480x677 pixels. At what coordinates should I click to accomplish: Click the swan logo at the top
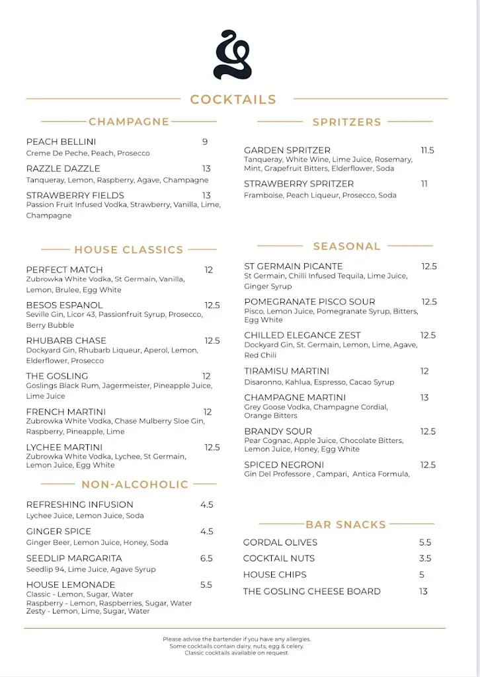tap(233, 55)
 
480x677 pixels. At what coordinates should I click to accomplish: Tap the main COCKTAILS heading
tap(233, 100)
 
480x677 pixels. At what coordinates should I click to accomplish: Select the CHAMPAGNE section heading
tap(129, 122)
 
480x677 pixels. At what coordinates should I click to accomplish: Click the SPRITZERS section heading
tap(346, 122)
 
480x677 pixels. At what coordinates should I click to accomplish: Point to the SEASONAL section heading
tap(346, 247)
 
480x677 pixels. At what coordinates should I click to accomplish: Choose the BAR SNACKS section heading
tap(346, 525)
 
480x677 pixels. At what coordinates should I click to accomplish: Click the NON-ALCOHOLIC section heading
tap(135, 485)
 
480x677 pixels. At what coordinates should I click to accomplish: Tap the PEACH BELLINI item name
tap(61, 142)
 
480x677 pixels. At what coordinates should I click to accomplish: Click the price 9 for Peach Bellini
tap(205, 142)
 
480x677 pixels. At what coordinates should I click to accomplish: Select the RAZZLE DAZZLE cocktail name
tap(63, 169)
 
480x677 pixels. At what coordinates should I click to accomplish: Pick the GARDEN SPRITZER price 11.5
tap(427, 151)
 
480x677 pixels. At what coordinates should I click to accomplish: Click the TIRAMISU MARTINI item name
tap(286, 372)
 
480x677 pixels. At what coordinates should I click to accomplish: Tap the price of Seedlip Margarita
tap(206, 559)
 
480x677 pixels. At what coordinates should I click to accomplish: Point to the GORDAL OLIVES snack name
tap(280, 543)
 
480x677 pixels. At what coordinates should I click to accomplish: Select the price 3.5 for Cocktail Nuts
tap(425, 559)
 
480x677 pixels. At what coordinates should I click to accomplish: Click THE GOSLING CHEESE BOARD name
tap(312, 592)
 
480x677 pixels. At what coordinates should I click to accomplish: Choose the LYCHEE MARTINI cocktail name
tap(64, 448)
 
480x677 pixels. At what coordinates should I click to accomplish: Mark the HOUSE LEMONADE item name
tap(71, 585)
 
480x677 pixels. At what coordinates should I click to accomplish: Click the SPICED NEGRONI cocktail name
tap(283, 465)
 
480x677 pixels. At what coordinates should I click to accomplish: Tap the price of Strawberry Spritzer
tap(424, 184)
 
